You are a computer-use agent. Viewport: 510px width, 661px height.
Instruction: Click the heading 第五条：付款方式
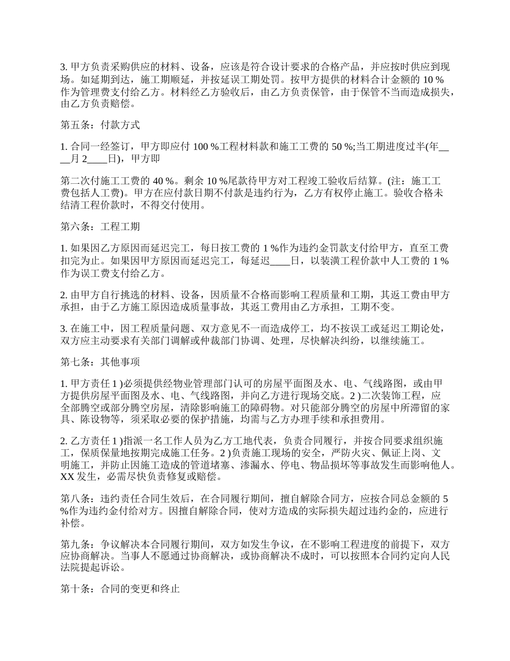click(x=100, y=125)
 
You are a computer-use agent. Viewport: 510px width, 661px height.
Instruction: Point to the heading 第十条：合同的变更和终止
click(x=120, y=588)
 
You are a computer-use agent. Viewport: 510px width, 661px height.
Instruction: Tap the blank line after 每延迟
click(x=279, y=262)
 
